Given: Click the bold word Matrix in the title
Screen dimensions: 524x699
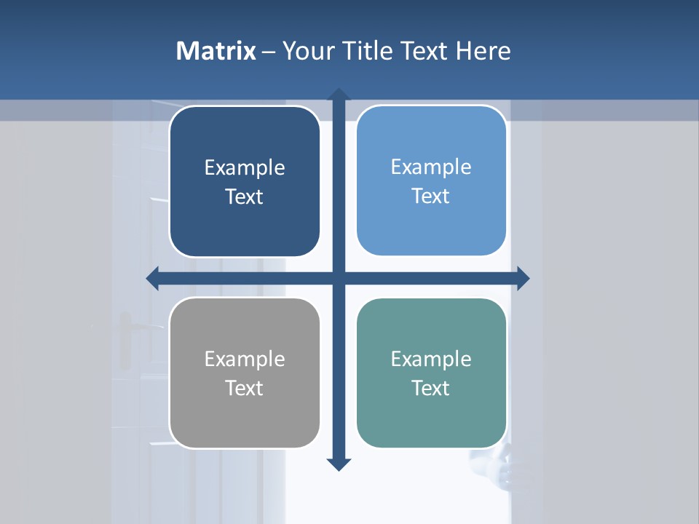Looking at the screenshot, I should pos(216,51).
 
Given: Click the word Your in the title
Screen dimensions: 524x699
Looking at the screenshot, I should pos(306,51).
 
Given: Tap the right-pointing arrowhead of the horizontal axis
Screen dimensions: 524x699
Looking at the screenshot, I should pos(522,278).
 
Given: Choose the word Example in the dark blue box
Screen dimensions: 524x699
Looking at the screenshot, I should pos(245,168).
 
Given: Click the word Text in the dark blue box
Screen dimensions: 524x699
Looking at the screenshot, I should pos(245,197).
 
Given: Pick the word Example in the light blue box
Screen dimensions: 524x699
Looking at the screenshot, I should pos(431,167).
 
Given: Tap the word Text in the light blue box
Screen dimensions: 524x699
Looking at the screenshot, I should pos(431,196).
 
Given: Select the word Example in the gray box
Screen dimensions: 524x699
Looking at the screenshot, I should pos(245,360).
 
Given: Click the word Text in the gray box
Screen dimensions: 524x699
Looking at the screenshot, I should pos(245,389).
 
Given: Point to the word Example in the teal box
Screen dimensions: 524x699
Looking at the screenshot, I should pos(431,360).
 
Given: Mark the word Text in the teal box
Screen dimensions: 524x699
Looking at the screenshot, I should pos(431,389).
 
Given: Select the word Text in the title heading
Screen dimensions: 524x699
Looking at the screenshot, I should pos(425,51).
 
